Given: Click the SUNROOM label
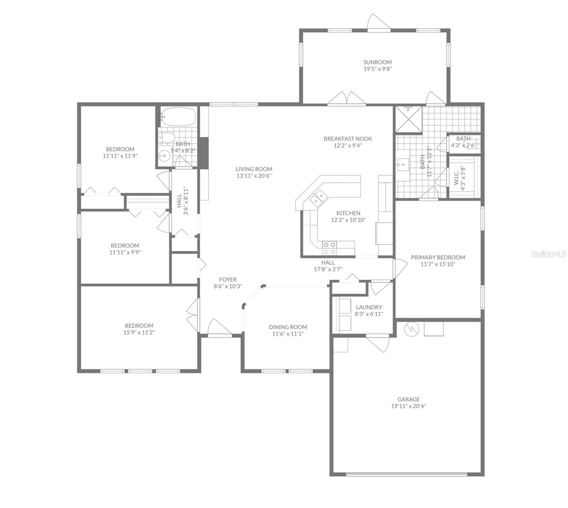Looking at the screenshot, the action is click(377, 62).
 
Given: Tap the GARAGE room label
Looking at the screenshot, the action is click(409, 399).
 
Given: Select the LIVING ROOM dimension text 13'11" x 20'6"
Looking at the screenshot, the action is click(254, 176).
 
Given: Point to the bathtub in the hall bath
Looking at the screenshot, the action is click(178, 117).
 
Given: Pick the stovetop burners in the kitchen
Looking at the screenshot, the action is click(329, 248).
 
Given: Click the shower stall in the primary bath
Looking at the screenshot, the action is click(408, 119).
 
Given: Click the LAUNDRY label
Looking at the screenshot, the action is click(369, 307).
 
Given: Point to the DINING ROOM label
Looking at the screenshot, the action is click(288, 327).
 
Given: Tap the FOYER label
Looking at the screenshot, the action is click(228, 279).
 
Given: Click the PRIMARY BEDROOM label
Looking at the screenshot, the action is click(438, 257).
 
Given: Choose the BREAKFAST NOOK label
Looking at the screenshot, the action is click(348, 138).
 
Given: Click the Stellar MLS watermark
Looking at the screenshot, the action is click(549, 254).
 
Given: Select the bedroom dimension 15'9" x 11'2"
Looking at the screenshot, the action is click(139, 332).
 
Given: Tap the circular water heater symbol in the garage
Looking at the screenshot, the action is click(411, 329).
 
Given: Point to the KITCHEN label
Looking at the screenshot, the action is click(348, 213).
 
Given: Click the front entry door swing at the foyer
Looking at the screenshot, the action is click(220, 327).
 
